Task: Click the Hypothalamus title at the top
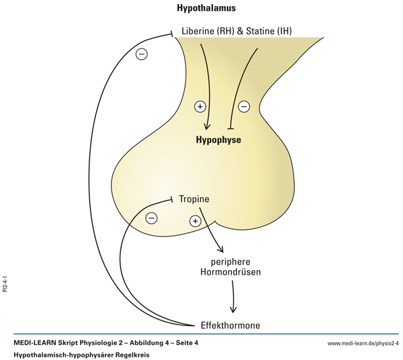(206, 9)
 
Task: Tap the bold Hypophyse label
(218, 140)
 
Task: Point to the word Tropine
(194, 199)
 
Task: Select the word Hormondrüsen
(231, 273)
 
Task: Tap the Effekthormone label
(230, 325)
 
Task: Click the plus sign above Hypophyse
(199, 106)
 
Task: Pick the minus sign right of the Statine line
(244, 106)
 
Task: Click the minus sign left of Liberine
(142, 54)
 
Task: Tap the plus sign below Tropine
(195, 221)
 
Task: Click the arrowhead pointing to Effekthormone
(234, 310)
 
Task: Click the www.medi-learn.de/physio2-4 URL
(363, 343)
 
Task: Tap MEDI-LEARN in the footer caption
(39, 343)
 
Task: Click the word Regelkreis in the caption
(129, 354)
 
